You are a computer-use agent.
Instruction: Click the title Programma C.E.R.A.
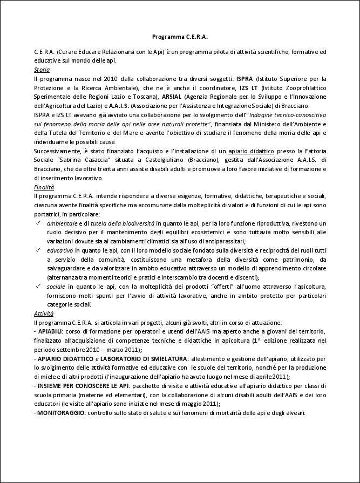180,37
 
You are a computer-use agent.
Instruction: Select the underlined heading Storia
42,70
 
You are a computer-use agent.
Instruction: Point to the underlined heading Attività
43,314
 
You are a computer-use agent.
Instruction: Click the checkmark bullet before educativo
38,250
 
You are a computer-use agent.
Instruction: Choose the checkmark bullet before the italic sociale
38,287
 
